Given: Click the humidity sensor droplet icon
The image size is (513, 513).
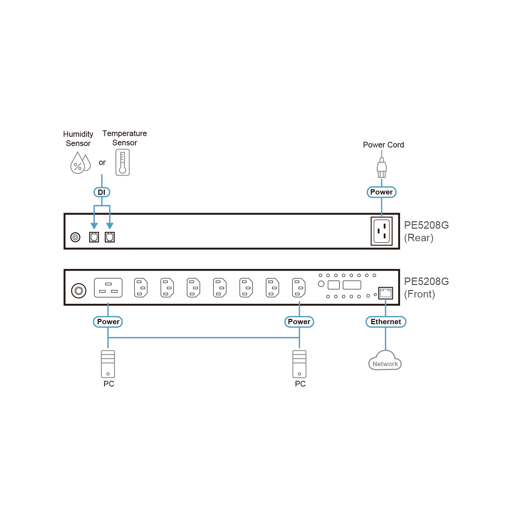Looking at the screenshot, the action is coord(80,163).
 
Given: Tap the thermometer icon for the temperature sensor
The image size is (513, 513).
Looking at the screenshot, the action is coord(123,162).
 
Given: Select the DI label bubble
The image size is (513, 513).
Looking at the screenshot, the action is coord(102,192).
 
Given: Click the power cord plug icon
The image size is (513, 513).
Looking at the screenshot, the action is coord(382,167).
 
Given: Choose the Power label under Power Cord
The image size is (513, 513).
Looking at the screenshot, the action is coord(382,192).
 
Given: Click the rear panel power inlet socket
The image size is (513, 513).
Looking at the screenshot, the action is coord(382,231).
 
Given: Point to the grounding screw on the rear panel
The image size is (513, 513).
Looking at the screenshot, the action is coord(75,237).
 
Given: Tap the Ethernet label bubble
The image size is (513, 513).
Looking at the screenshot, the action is coord(386,322).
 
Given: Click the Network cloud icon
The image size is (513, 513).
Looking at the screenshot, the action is coord(385,360).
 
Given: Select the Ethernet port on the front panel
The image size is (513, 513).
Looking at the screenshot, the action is coord(385,293).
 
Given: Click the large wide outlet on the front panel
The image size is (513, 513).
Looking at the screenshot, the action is coord(108,287).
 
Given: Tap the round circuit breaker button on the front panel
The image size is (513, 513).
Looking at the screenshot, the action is coord(79,290).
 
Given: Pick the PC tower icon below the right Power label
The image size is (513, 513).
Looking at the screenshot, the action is coord(299,364).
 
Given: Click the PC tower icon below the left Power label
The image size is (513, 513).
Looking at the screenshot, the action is coord(108,364).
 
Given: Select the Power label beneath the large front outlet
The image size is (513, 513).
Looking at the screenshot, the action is coord(108,322).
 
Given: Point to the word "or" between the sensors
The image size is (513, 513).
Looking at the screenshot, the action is coord(102,162).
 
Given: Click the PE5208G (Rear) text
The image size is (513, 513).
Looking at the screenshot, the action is coord(426,231).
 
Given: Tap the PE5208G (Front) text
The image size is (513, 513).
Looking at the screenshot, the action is coord(426,287).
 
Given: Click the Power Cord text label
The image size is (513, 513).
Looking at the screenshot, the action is coord(383,145).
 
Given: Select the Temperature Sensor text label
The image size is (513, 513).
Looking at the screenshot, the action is coord(125,138).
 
